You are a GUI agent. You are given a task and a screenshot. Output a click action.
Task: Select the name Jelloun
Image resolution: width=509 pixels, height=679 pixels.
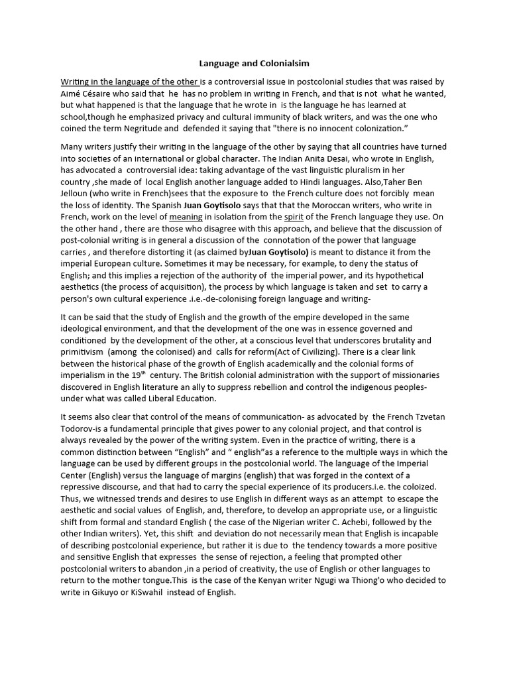pos(77,193)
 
